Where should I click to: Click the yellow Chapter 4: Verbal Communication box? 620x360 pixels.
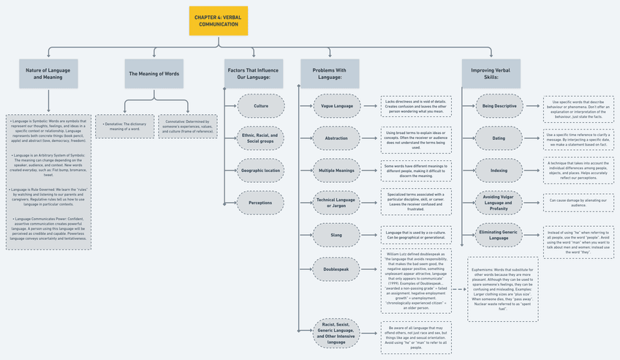click(x=218, y=20)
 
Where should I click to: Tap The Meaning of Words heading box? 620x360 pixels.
click(x=154, y=74)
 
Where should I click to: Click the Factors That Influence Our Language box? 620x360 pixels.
click(x=253, y=74)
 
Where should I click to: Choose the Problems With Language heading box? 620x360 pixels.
click(x=330, y=74)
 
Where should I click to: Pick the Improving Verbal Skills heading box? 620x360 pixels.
click(x=491, y=74)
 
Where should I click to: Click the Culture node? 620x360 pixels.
click(x=260, y=106)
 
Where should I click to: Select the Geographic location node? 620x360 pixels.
click(x=260, y=170)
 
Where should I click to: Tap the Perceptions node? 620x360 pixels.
click(x=260, y=203)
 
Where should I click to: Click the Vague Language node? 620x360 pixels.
click(x=336, y=106)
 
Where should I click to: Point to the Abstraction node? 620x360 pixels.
click(x=336, y=138)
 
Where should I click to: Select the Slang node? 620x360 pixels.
click(x=336, y=235)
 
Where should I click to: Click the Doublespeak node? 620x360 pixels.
click(x=336, y=269)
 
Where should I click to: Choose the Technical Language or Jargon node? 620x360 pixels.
click(x=336, y=203)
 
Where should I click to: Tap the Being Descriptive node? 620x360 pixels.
click(x=499, y=106)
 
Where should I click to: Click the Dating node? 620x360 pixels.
click(x=499, y=138)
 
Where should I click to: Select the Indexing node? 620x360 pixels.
click(x=499, y=170)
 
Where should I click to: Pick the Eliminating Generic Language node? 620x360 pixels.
click(x=499, y=235)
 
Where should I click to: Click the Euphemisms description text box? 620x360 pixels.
click(x=502, y=289)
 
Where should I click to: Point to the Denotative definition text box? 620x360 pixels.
click(x=124, y=126)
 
